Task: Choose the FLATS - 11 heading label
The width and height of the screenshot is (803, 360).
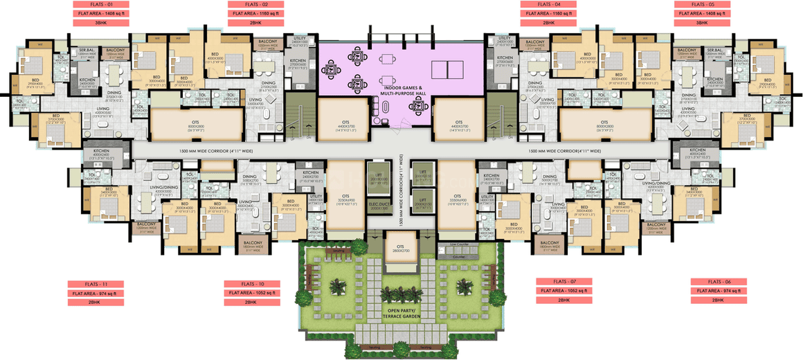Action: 96,284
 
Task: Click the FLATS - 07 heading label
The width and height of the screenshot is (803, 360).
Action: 565,281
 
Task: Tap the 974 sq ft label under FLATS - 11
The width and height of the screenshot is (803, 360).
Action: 96,294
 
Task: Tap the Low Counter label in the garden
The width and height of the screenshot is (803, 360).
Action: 458,244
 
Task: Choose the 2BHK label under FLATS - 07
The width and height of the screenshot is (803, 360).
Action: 565,300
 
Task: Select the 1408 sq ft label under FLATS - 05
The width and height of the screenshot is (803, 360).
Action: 702,13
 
